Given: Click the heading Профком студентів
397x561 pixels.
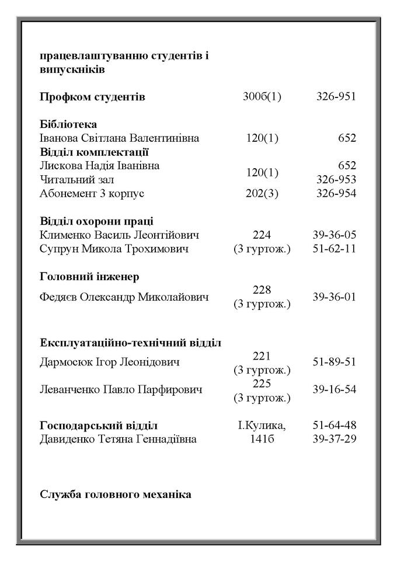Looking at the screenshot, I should [x=92, y=97].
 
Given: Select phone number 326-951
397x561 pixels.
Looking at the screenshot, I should [x=336, y=97].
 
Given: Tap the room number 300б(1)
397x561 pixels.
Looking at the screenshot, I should [x=262, y=97].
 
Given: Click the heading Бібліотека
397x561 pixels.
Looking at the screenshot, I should [x=68, y=124].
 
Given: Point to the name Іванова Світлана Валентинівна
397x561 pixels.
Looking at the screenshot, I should [x=119, y=138].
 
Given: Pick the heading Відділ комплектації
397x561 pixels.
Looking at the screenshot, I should [x=95, y=152].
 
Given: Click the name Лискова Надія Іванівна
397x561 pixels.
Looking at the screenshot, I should [x=99, y=166].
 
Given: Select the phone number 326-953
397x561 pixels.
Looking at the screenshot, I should [x=336, y=179].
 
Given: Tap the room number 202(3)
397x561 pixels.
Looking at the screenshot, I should [x=262, y=193].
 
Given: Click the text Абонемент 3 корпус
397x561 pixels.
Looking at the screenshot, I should [x=92, y=193].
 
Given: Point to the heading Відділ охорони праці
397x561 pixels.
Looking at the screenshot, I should [x=97, y=221].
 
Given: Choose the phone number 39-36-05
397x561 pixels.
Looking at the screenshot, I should [x=334, y=235].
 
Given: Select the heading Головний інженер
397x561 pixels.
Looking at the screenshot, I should [x=89, y=276].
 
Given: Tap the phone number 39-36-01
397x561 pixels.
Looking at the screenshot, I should [x=334, y=297].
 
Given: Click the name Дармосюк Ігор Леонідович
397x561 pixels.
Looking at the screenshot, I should [x=109, y=362].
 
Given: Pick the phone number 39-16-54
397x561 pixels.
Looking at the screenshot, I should [x=334, y=389].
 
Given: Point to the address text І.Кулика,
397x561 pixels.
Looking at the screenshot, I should [x=262, y=426].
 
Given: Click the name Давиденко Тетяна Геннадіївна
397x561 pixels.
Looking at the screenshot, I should [x=118, y=439].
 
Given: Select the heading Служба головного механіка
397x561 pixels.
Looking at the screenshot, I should [x=115, y=494].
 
